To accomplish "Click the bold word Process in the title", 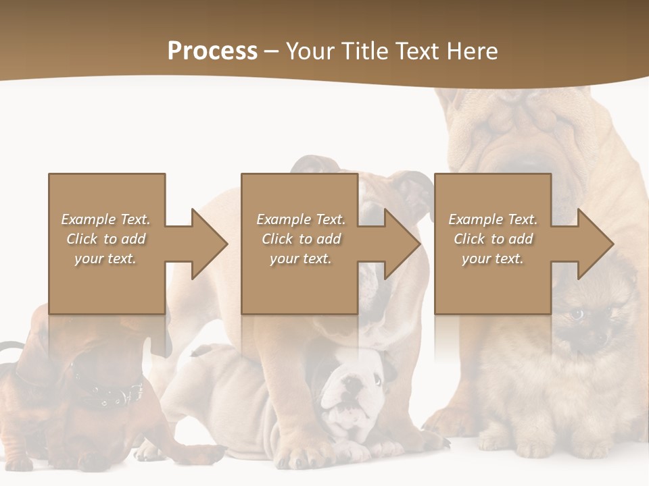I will tap(212, 51).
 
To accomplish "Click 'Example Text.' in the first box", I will tap(105, 219).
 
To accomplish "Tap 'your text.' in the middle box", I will tap(300, 259).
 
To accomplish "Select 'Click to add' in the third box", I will tap(493, 239).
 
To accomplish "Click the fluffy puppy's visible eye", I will tap(577, 315).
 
